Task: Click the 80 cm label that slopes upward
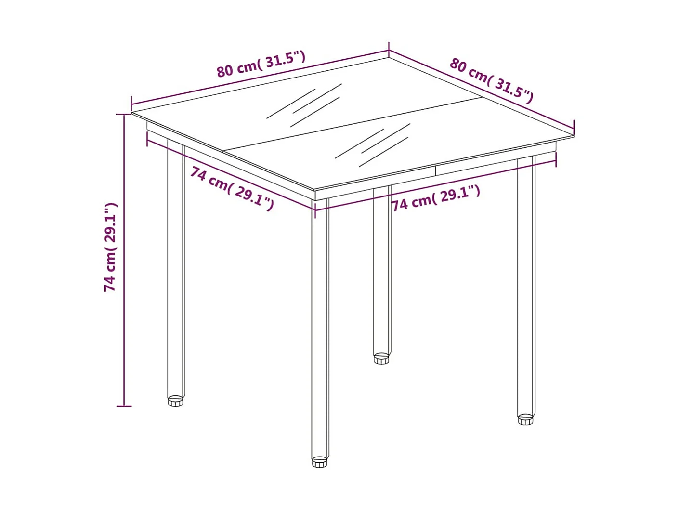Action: (261, 64)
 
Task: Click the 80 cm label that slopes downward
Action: (491, 80)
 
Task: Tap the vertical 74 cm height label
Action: (111, 247)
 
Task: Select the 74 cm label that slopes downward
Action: (232, 188)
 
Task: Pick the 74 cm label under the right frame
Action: (435, 198)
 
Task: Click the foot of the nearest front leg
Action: (319, 462)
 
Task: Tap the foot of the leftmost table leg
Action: (176, 401)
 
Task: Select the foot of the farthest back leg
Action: (381, 359)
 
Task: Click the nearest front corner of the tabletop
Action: (314, 189)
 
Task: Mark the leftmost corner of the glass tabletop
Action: (133, 112)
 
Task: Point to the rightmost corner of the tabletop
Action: (573, 135)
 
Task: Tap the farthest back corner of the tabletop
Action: (388, 59)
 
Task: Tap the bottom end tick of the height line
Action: (124, 406)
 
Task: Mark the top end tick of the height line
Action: (124, 115)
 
